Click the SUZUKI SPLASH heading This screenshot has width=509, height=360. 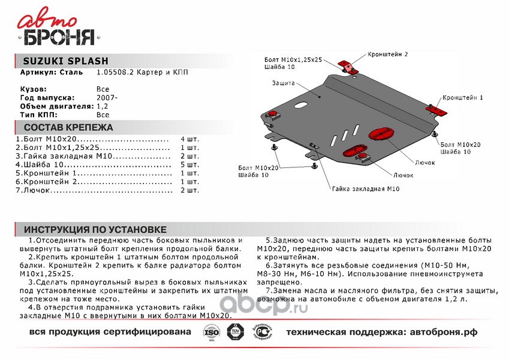[65, 61]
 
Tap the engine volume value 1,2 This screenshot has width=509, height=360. [103, 106]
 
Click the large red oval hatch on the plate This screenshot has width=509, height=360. [381, 133]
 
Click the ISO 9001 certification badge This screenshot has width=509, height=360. [210, 332]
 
